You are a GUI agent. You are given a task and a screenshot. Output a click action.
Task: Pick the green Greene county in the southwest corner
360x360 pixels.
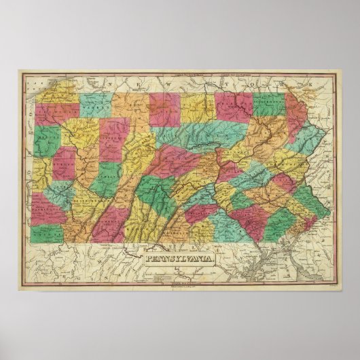tap(45, 234)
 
